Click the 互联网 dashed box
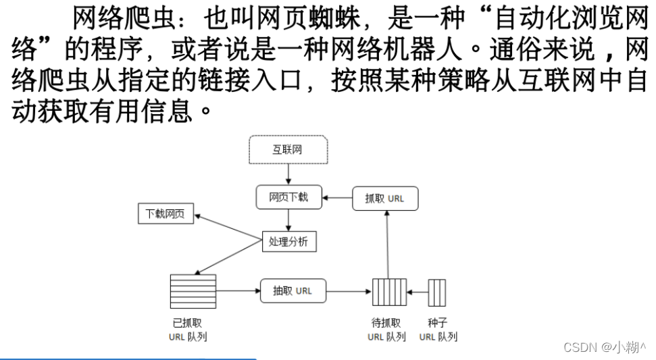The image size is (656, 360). click(288, 149)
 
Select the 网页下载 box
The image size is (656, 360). click(288, 197)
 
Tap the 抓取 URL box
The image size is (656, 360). click(385, 199)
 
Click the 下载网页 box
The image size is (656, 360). click(166, 215)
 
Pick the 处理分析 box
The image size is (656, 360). click(288, 241)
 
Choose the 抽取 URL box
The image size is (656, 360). click(293, 291)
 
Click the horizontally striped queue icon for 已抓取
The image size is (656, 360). click(193, 291)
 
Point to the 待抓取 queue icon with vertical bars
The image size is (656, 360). click(389, 292)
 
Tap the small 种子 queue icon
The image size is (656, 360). click(437, 292)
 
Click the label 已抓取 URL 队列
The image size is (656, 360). click(188, 329)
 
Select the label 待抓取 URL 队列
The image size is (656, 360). click(386, 329)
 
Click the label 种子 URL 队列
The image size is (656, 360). click(438, 329)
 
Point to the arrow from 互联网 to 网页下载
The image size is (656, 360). click(288, 174)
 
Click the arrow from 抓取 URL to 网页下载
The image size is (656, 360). click(337, 198)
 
